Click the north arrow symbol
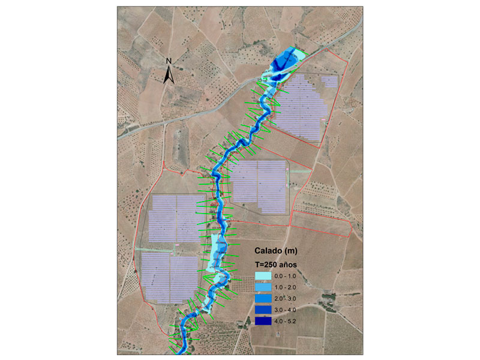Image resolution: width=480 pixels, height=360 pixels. point(169,74)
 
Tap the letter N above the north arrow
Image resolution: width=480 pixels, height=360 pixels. point(169,61)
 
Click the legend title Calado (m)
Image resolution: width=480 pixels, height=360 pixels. point(275,250)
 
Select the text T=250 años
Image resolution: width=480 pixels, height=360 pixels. point(275,263)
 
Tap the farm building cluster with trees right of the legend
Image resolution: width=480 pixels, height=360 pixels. point(328,303)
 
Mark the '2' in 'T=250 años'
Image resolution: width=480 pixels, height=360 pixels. point(270,263)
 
